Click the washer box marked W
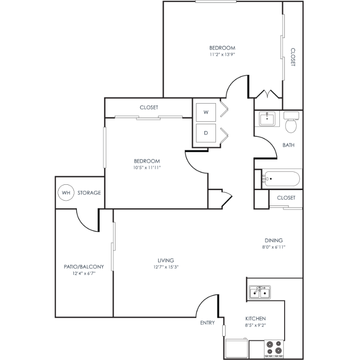coord(206,112)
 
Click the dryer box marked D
coord(206,133)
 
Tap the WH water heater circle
coord(66,192)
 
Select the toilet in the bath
coord(291,122)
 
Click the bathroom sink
coord(267,119)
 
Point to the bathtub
coord(281,179)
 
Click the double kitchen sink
coord(260,292)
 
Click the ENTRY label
coord(207,323)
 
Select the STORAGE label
coord(89,193)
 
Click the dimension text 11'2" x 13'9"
coord(222,55)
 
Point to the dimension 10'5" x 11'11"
coord(147,168)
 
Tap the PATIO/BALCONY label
coord(84,267)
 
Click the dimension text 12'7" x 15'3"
coord(166,267)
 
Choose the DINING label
coord(274,240)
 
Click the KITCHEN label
coord(255,319)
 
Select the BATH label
coord(288,145)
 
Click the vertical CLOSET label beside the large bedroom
coord(293,57)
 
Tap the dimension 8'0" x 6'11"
coord(274,247)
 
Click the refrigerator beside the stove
coord(237,348)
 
